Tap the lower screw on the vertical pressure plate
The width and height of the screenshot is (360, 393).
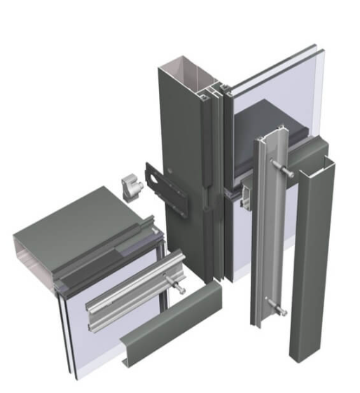click(275, 310)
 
